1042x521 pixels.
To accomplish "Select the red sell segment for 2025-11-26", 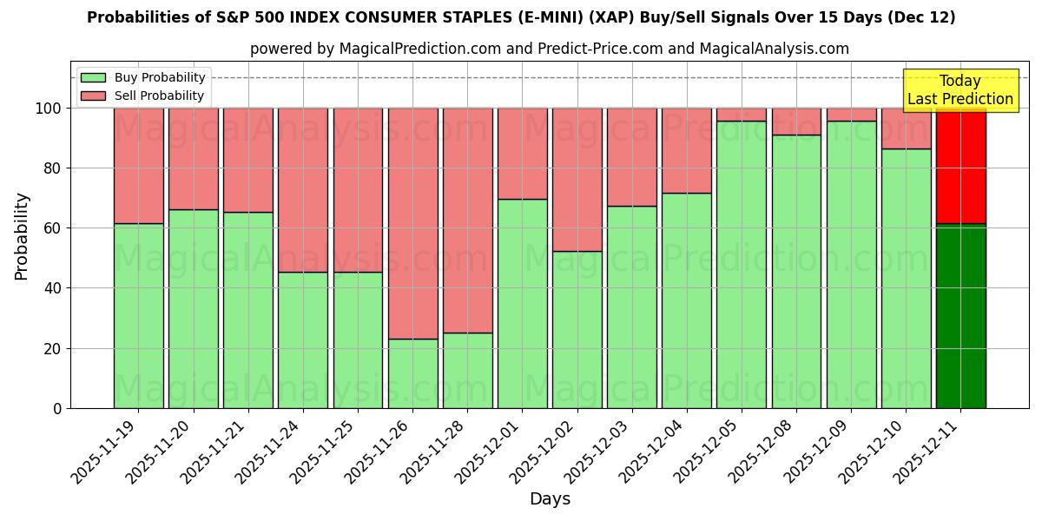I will click(x=412, y=223).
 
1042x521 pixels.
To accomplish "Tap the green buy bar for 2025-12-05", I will click(x=742, y=264).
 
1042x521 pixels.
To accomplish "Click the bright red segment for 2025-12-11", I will click(x=960, y=166).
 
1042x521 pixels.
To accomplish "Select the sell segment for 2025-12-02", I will click(x=577, y=180).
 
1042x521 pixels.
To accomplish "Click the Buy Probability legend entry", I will click(x=142, y=78).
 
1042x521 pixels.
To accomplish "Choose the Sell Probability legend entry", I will click(x=142, y=96).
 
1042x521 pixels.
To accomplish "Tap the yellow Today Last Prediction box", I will click(x=960, y=90).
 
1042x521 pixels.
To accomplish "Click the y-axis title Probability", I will click(x=22, y=235).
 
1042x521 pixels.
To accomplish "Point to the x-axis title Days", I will click(x=550, y=499).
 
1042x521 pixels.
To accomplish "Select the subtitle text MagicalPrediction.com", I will click(x=418, y=49).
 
